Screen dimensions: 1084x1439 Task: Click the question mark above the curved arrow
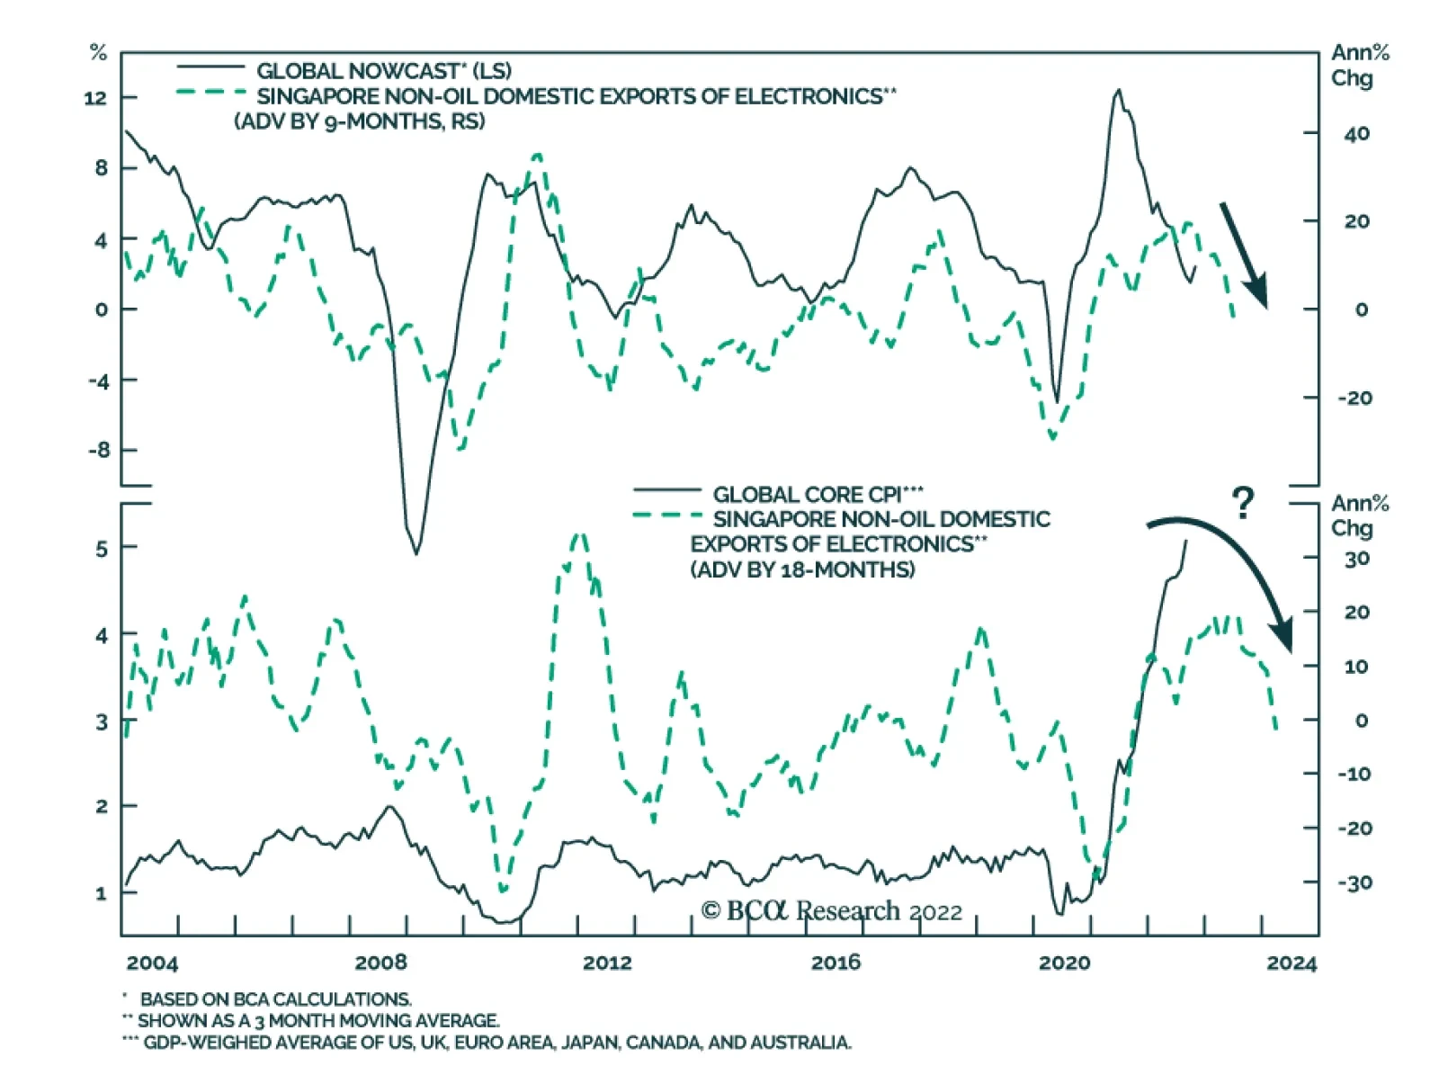pyautogui.click(x=1242, y=503)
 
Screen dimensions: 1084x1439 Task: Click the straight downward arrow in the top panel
pyautogui.click(x=1244, y=255)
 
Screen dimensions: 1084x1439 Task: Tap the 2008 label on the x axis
pyautogui.click(x=380, y=963)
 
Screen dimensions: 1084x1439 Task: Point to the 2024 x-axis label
pyautogui.click(x=1292, y=963)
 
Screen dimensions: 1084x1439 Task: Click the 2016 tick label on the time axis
pyautogui.click(x=836, y=963)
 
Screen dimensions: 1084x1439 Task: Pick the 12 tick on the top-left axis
pyautogui.click(x=95, y=97)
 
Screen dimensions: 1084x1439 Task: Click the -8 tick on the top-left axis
pyautogui.click(x=97, y=450)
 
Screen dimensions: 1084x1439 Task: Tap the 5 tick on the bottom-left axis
pyautogui.click(x=102, y=548)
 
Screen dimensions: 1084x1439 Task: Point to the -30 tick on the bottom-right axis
pyautogui.click(x=1354, y=882)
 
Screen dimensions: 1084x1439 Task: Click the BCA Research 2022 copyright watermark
pyautogui.click(x=831, y=911)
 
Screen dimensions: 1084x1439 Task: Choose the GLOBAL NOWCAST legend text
pyautogui.click(x=384, y=71)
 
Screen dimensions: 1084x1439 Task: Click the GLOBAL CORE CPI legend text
pyautogui.click(x=818, y=494)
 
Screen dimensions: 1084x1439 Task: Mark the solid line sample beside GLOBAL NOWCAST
pyautogui.click(x=210, y=67)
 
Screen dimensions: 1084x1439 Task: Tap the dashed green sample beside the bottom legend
pyautogui.click(x=667, y=515)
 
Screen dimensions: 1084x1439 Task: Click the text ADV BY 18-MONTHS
pyautogui.click(x=802, y=569)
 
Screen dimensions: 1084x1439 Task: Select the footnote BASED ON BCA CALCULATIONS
pyautogui.click(x=275, y=999)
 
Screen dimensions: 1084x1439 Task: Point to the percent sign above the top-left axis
pyautogui.click(x=98, y=53)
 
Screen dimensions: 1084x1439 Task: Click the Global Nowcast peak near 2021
pyautogui.click(x=1118, y=91)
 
